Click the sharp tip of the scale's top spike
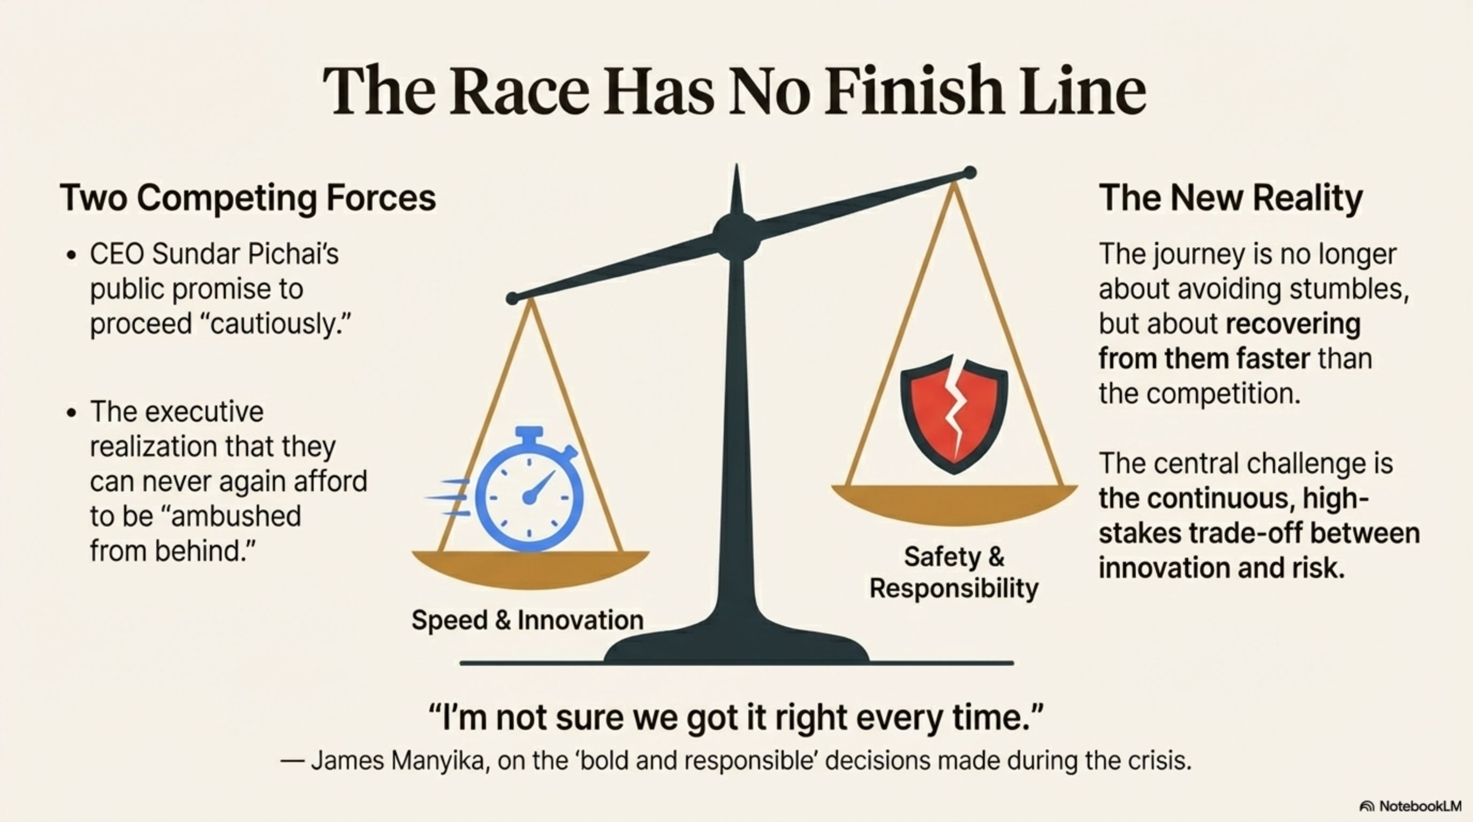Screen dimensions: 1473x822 736,165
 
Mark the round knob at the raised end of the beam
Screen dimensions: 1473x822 970,172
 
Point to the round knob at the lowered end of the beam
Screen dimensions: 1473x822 512,298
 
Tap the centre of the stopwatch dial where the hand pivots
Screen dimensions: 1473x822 529,497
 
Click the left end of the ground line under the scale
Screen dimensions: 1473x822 461,663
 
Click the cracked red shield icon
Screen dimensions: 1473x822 954,414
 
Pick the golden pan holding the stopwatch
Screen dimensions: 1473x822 530,569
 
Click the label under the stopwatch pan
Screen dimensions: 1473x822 528,620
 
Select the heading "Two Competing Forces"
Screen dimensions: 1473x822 248,198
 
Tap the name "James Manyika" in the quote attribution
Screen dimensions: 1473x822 397,761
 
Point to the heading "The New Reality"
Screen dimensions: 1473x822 1231,198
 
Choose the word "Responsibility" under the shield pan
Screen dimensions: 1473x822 954,588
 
